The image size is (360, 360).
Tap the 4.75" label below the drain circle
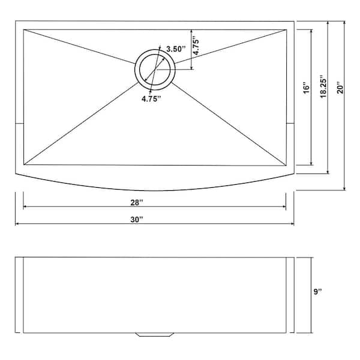pyautogui.click(x=152, y=100)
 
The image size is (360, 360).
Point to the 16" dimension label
pyautogui.click(x=306, y=89)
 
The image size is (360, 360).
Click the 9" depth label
pyautogui.click(x=318, y=292)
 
